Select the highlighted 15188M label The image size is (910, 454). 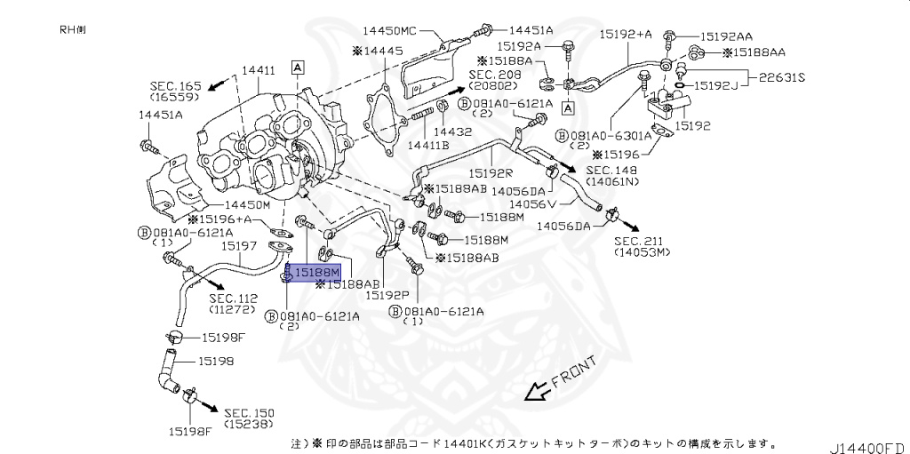[x=316, y=271]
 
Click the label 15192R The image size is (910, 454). [x=491, y=174]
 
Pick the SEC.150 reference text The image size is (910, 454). [x=249, y=413]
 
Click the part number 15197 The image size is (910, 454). [x=239, y=245]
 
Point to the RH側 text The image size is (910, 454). [x=73, y=28]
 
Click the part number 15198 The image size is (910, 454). [x=215, y=361]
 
